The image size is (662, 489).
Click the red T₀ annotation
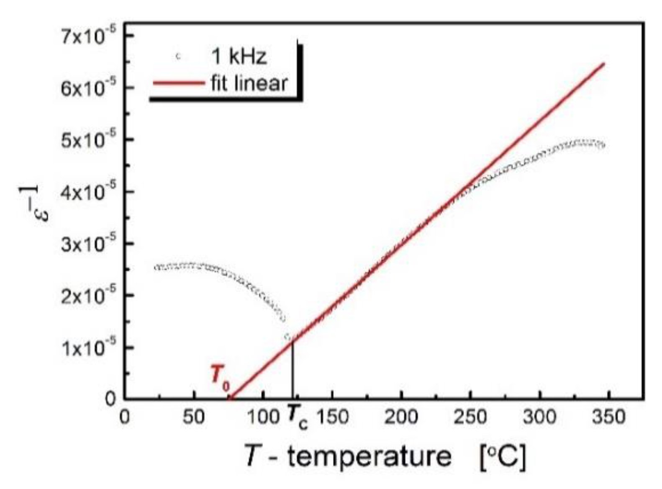(x=219, y=376)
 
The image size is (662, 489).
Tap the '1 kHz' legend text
(x=239, y=56)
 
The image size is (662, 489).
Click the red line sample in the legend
(x=177, y=83)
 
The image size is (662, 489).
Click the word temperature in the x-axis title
(x=369, y=455)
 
